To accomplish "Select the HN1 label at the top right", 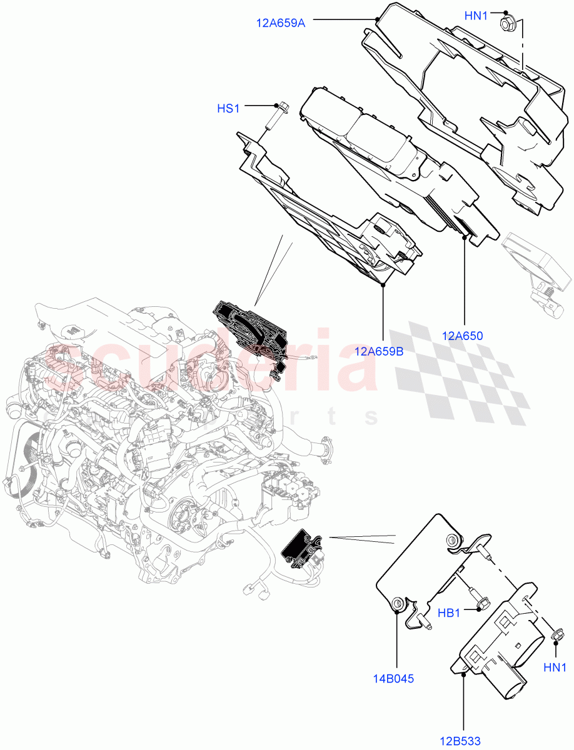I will tap(476, 16).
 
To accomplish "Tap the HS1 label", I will tap(228, 109).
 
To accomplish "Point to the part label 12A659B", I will tap(378, 351).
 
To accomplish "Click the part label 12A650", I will tap(462, 336).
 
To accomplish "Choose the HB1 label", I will tap(449, 613).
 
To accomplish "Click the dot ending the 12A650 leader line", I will tap(464, 237).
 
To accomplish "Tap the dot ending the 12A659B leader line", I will tap(383, 284).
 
